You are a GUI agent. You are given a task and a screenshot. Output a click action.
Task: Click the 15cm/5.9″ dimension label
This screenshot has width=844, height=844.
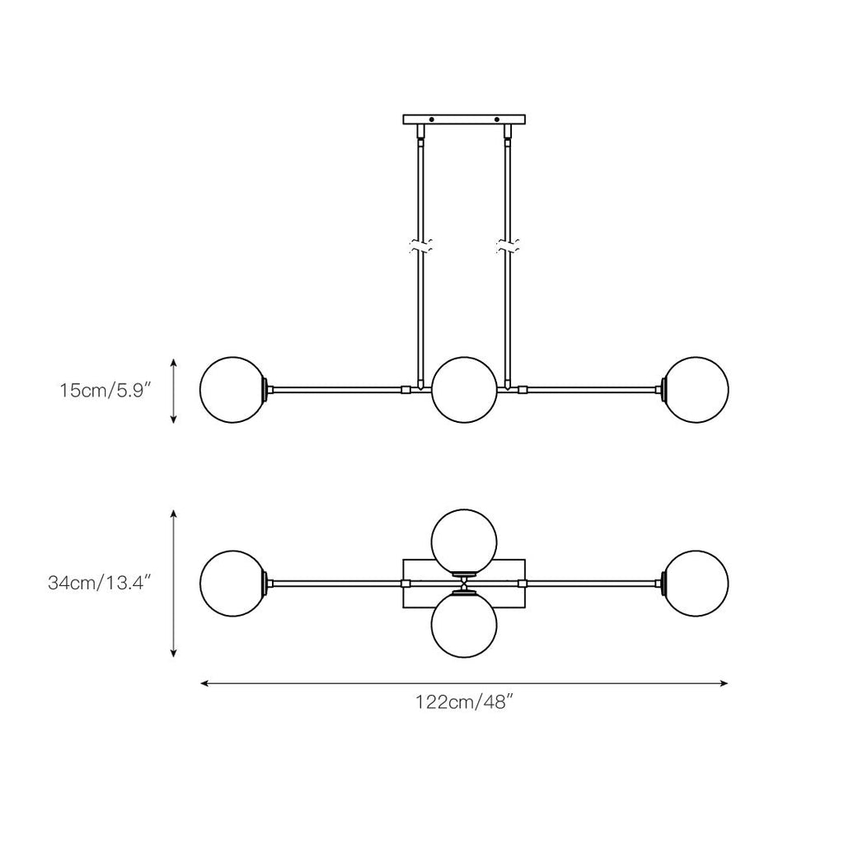[x=102, y=390]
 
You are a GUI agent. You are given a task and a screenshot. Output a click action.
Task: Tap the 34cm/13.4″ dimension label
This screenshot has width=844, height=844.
[x=99, y=583]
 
